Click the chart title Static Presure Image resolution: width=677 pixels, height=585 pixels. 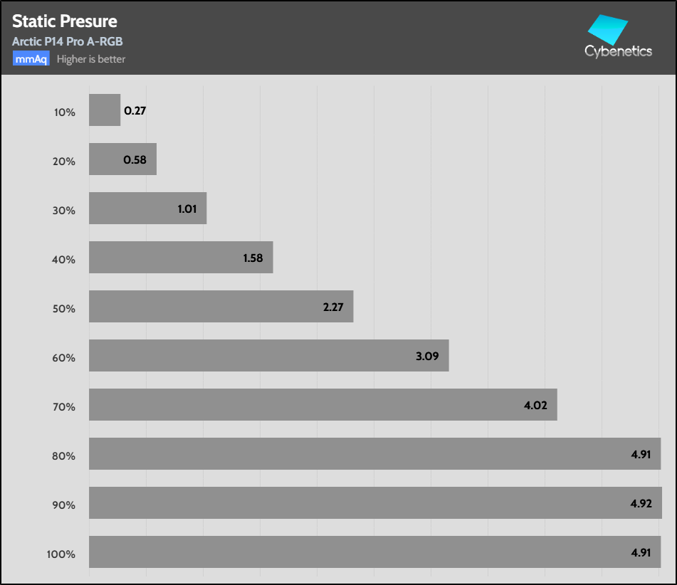[x=65, y=21]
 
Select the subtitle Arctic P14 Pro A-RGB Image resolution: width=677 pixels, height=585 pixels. [x=68, y=41]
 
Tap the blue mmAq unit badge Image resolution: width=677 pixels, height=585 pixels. [x=31, y=59]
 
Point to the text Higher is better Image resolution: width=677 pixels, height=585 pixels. [x=91, y=59]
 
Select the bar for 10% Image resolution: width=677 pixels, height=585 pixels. [x=105, y=110]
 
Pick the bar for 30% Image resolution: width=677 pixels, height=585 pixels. [x=147, y=209]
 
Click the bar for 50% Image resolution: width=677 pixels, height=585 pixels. [x=221, y=307]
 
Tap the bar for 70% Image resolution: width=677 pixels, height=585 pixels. [x=322, y=405]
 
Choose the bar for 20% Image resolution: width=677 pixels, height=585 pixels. [x=122, y=159]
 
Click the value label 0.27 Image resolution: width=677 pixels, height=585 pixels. [x=135, y=111]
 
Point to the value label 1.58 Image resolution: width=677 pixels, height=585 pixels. [x=253, y=258]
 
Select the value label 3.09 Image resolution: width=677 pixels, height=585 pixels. [x=428, y=357]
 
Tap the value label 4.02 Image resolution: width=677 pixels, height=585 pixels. [x=535, y=406]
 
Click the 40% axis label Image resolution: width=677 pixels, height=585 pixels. [x=64, y=259]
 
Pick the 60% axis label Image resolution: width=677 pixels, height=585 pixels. [x=64, y=357]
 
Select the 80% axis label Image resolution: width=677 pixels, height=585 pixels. [x=64, y=455]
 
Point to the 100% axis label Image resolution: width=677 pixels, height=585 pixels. [x=61, y=554]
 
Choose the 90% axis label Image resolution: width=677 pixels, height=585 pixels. [x=64, y=505]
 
